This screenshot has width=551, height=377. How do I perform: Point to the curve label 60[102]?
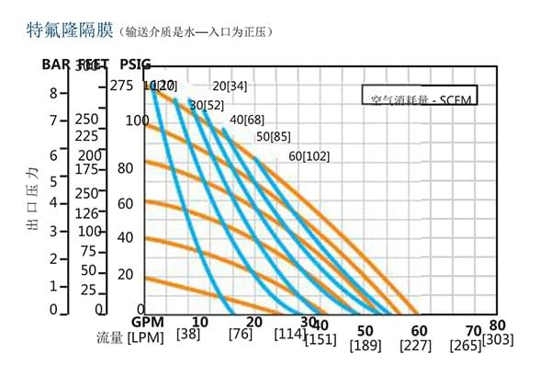tap(309, 155)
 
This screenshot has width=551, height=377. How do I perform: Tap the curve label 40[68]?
tap(247, 120)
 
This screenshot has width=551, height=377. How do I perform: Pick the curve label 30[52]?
tap(207, 105)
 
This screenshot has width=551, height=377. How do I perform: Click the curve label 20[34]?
tap(230, 86)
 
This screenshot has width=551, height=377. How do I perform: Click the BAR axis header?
tap(58, 64)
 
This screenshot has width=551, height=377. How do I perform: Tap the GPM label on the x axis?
tap(148, 323)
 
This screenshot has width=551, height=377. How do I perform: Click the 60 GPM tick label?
tap(419, 329)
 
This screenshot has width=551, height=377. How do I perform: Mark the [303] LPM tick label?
tap(497, 340)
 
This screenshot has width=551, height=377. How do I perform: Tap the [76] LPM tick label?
tap(242, 334)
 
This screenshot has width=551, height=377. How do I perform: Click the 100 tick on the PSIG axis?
tap(137, 120)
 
